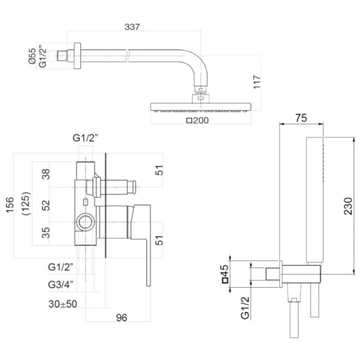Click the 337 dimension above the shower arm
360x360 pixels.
click(132, 27)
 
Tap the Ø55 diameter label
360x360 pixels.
click(32, 56)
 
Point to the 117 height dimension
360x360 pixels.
click(257, 82)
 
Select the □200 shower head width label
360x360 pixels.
click(198, 120)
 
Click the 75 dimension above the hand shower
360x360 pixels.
click(301, 118)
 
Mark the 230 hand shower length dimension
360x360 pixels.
click(348, 206)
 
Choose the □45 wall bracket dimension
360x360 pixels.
click(225, 274)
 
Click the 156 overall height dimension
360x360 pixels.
click(10, 205)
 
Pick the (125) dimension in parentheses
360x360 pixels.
click(26, 203)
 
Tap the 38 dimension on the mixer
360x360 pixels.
click(46, 174)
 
